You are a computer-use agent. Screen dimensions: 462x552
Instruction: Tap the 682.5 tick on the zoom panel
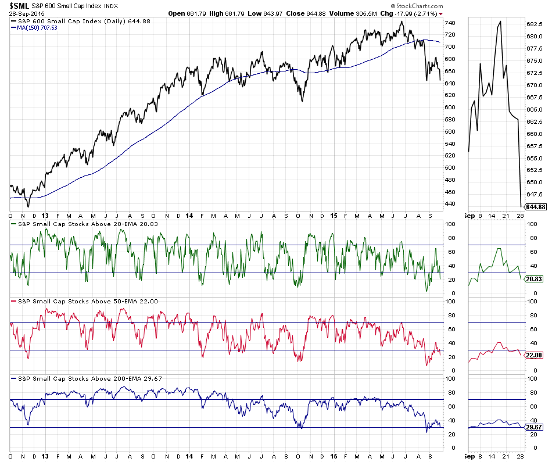tap(535, 24)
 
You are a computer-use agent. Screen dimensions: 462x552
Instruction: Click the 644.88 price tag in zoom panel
tap(535, 207)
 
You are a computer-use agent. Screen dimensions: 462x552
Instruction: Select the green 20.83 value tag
tap(534, 280)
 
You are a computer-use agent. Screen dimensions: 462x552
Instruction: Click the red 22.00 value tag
tap(534, 355)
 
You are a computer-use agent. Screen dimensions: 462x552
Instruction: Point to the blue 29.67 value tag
tap(534, 427)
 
